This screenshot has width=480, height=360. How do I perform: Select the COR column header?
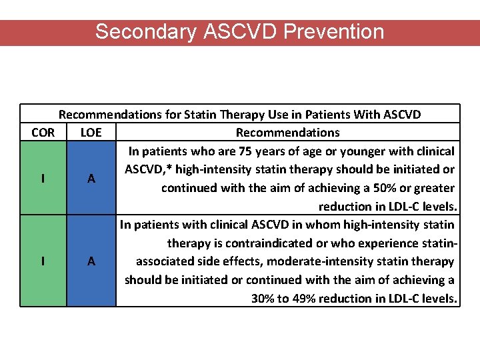point(43,132)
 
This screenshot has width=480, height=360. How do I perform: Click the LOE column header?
point(91,132)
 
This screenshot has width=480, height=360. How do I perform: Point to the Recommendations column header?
point(287,132)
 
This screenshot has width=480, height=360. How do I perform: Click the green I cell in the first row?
point(43,178)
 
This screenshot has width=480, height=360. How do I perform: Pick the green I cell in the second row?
point(43,261)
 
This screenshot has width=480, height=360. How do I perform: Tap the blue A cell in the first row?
point(91,178)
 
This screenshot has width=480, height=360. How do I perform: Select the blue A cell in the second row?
point(91,261)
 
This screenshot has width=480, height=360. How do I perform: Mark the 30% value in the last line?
point(262,298)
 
